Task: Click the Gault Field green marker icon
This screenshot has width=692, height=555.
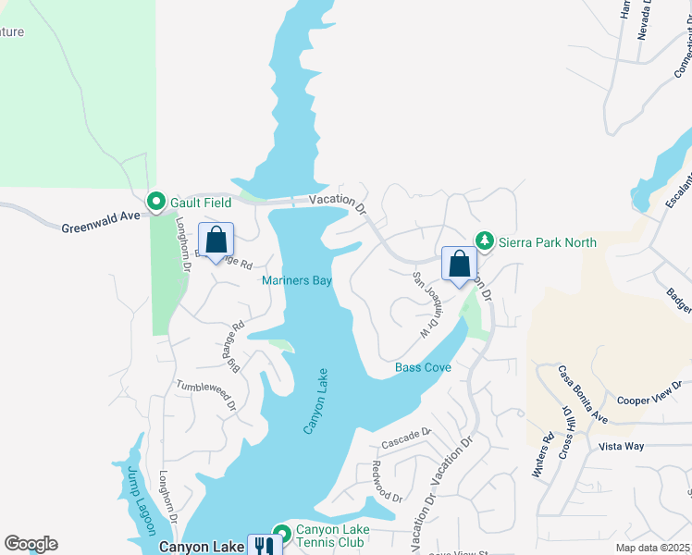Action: [155, 201]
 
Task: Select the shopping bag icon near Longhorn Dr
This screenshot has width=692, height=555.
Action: [216, 240]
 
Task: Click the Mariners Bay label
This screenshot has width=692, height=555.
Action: [296, 281]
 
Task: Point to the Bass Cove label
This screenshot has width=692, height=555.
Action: [423, 368]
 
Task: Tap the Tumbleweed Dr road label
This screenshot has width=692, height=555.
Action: [206, 391]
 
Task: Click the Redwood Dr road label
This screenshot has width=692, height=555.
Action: [388, 483]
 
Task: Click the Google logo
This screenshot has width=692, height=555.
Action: [31, 544]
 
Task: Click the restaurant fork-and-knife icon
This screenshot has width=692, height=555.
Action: [263, 546]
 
